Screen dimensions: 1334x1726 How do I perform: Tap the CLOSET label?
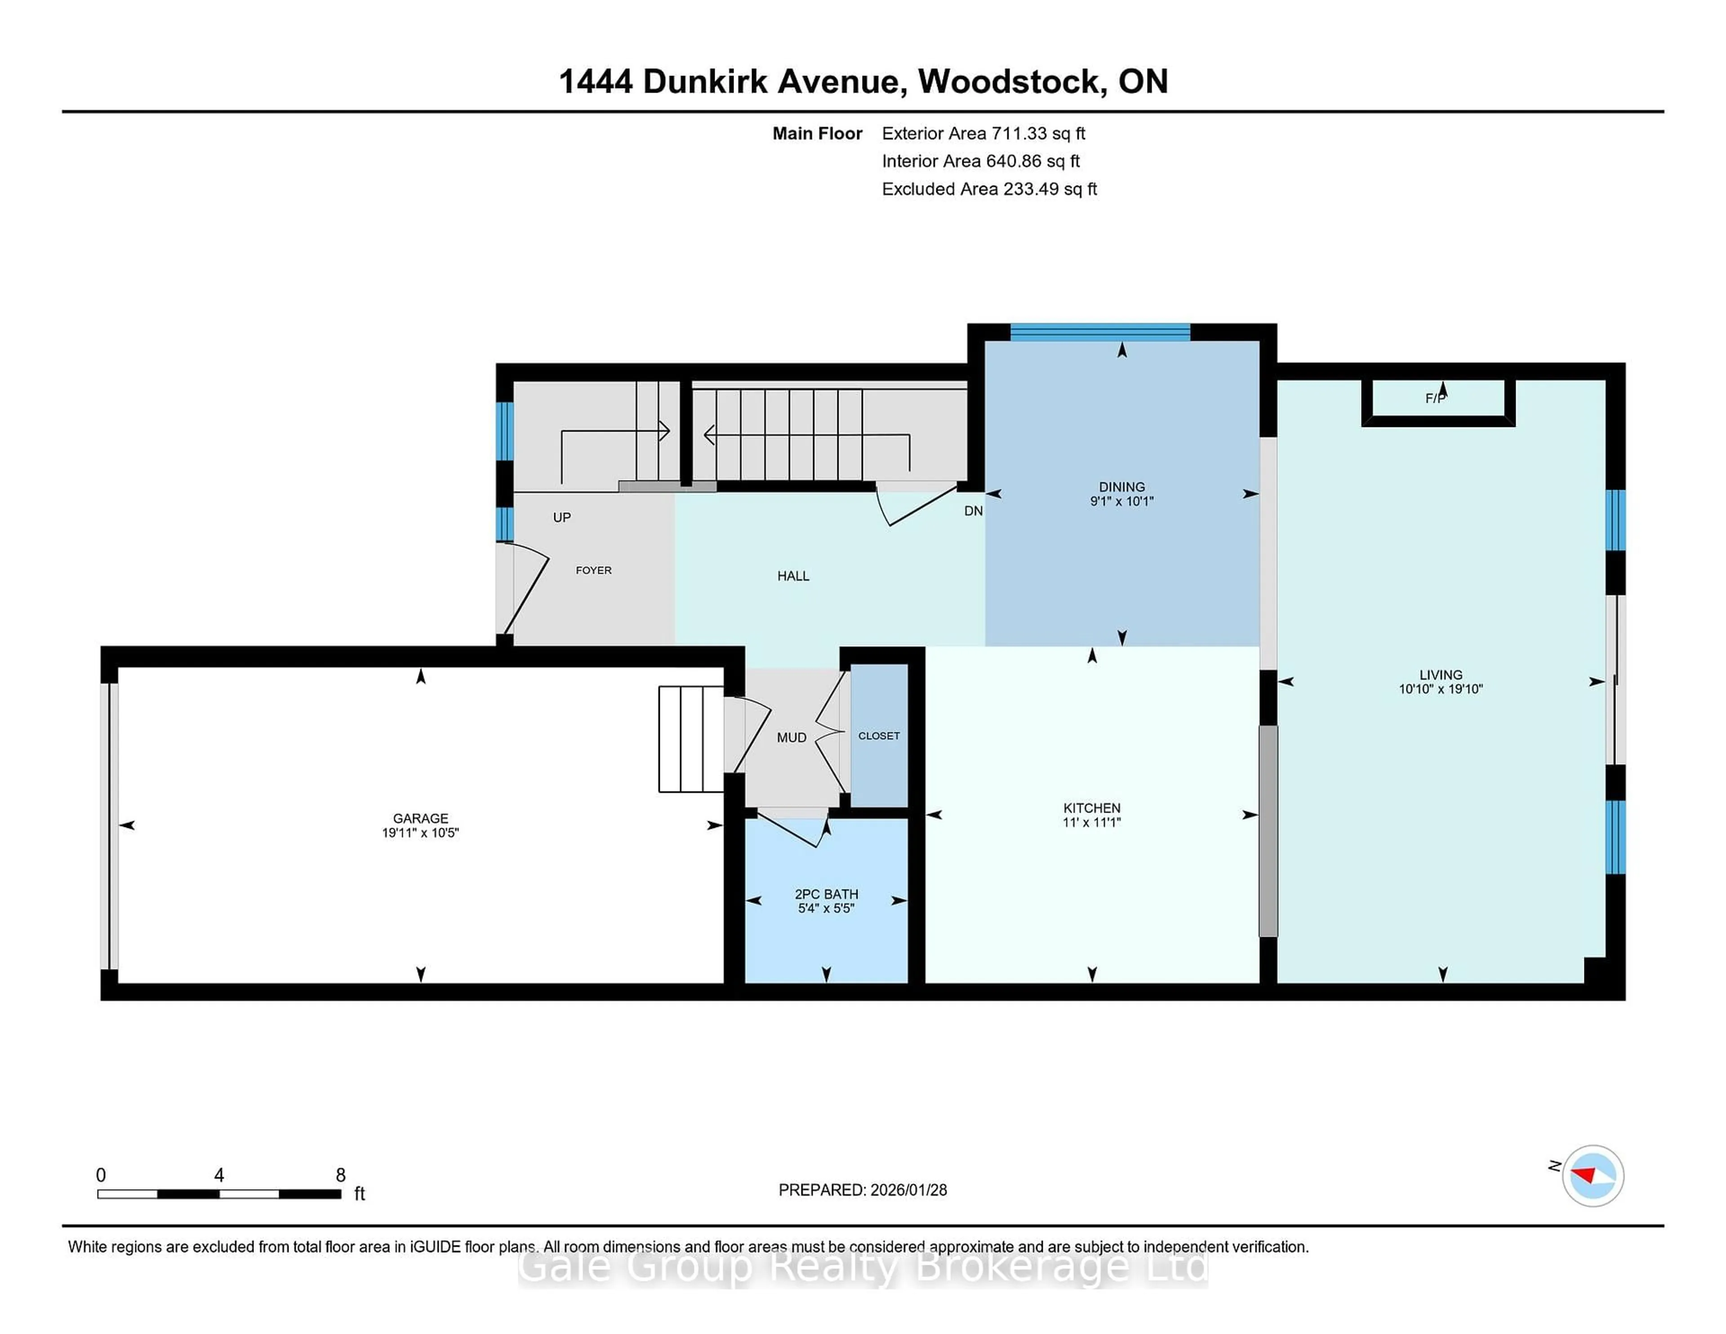(x=879, y=736)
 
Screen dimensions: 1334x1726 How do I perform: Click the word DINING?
(x=1121, y=487)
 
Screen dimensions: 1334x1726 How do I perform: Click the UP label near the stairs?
(x=562, y=518)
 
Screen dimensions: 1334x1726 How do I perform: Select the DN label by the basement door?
(x=973, y=511)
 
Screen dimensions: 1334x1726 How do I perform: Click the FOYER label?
(x=593, y=570)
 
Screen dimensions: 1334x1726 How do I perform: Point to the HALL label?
(x=793, y=576)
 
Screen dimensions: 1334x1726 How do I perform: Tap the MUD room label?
(x=791, y=737)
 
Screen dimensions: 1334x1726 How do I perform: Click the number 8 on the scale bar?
(x=341, y=1175)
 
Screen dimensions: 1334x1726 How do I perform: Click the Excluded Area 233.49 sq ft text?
(x=989, y=189)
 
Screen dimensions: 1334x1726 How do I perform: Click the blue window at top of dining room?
(x=1100, y=332)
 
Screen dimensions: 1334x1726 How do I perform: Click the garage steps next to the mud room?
(x=691, y=739)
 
